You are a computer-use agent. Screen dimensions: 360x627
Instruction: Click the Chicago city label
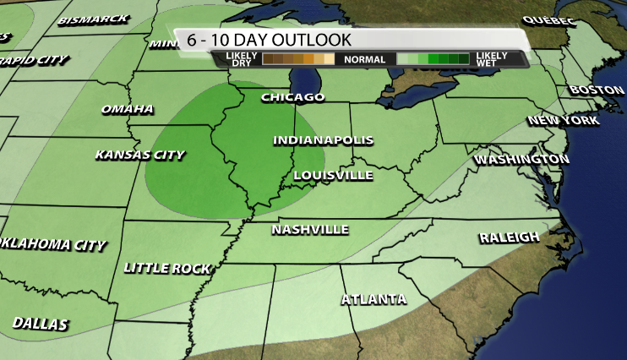292,97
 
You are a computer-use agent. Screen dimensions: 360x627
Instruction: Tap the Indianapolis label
323,140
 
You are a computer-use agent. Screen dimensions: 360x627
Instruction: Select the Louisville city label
333,175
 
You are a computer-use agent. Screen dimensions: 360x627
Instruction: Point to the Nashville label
310,229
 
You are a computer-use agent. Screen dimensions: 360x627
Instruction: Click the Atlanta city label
373,299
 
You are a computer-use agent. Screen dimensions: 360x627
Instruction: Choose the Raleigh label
509,237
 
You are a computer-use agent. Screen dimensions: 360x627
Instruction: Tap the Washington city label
521,159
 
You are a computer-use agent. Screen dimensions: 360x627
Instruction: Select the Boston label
597,90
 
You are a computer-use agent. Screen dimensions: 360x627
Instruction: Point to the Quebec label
548,19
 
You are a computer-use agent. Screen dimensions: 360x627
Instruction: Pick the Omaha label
128,109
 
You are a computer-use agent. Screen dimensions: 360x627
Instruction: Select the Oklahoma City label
53,245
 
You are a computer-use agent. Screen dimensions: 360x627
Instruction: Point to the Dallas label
41,324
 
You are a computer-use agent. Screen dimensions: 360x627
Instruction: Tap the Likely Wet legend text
492,59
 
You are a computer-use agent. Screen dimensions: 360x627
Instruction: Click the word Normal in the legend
365,59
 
